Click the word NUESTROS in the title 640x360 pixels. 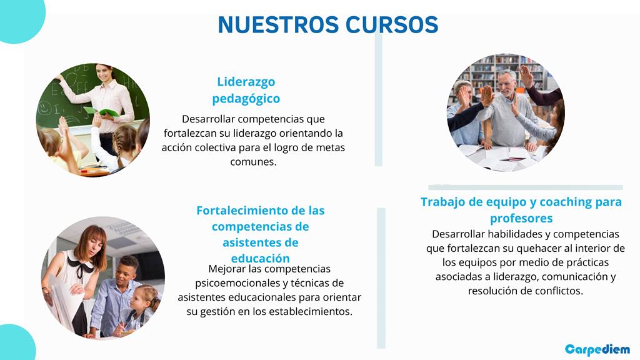(278, 24)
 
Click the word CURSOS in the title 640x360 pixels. (392, 24)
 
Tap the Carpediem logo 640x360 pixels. (597, 350)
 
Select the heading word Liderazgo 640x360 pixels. (246, 82)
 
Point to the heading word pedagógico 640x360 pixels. (246, 99)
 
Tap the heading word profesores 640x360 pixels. (521, 218)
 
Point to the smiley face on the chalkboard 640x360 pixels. (44, 107)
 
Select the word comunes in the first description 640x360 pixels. (253, 162)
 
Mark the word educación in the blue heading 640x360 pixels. (261, 259)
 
